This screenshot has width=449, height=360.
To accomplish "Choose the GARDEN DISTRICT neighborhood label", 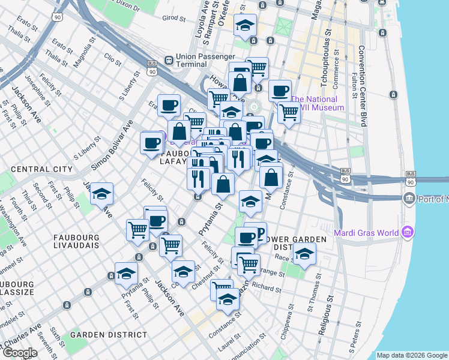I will (x=108, y=334).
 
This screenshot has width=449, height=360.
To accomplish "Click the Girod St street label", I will (x=174, y=18).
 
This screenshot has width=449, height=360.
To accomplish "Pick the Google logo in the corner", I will (x=19, y=353).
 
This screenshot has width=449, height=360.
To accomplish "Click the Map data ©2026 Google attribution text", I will (x=411, y=355).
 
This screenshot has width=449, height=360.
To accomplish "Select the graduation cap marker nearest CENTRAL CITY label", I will (x=102, y=194).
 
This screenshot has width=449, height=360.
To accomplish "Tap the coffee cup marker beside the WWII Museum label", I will (x=280, y=91).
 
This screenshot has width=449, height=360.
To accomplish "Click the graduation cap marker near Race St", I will (x=304, y=253).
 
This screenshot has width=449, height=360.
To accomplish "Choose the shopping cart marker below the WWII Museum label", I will (x=289, y=110).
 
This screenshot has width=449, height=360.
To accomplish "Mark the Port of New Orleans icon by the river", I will (x=409, y=198).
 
